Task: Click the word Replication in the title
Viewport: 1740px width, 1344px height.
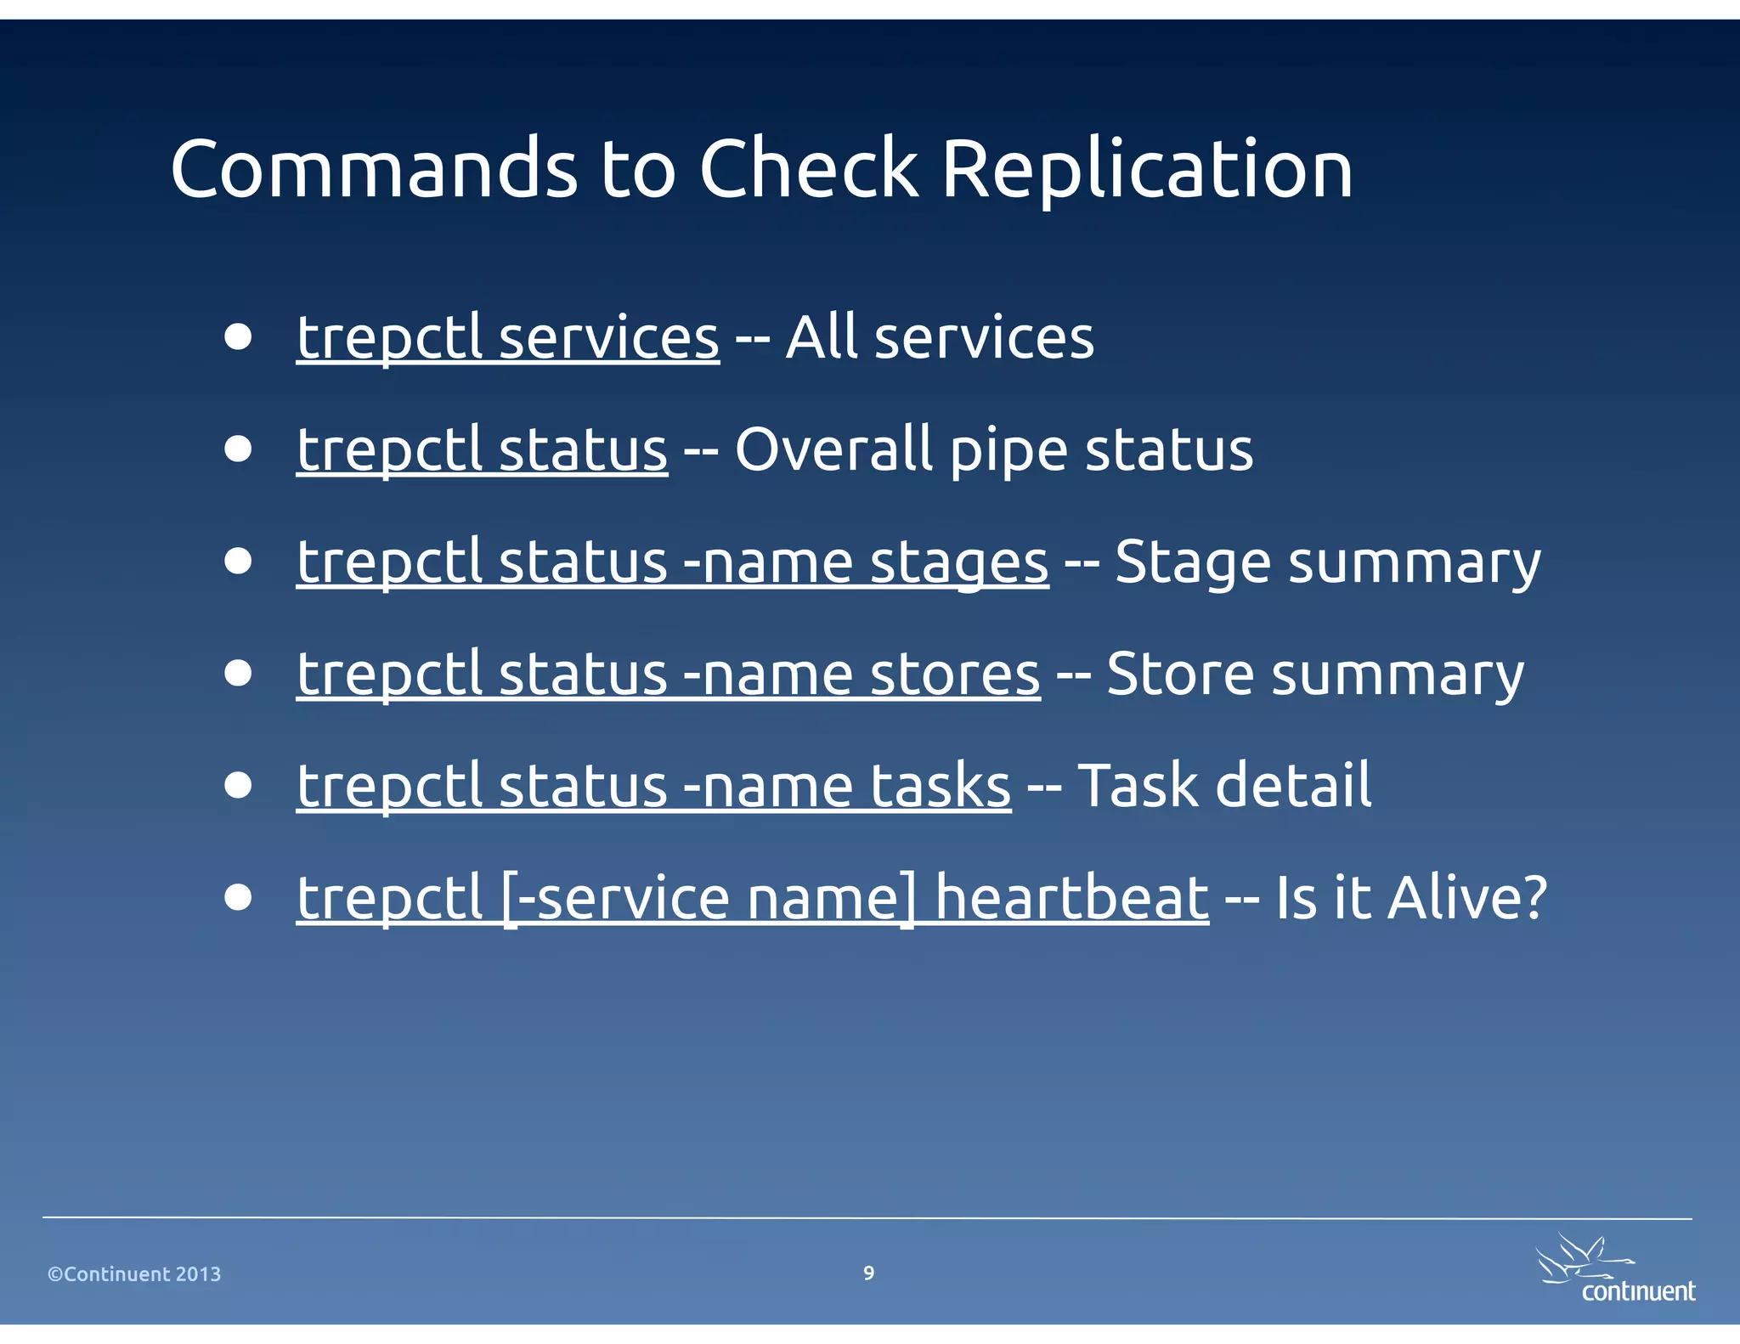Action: tap(1147, 170)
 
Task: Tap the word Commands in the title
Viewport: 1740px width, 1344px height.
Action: tap(374, 170)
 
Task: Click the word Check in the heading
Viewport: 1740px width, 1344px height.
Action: tap(808, 170)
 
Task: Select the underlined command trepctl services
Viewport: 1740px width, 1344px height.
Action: tap(508, 338)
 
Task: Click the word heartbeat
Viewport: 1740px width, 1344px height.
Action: tap(1071, 899)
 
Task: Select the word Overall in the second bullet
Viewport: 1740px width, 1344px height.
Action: tap(833, 450)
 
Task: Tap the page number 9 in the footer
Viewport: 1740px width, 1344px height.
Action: tap(868, 1273)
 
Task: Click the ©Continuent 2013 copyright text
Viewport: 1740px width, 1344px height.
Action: tap(134, 1274)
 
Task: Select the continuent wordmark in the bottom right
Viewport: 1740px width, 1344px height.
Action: tap(1637, 1291)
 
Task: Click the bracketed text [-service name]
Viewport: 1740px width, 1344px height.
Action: tap(709, 899)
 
